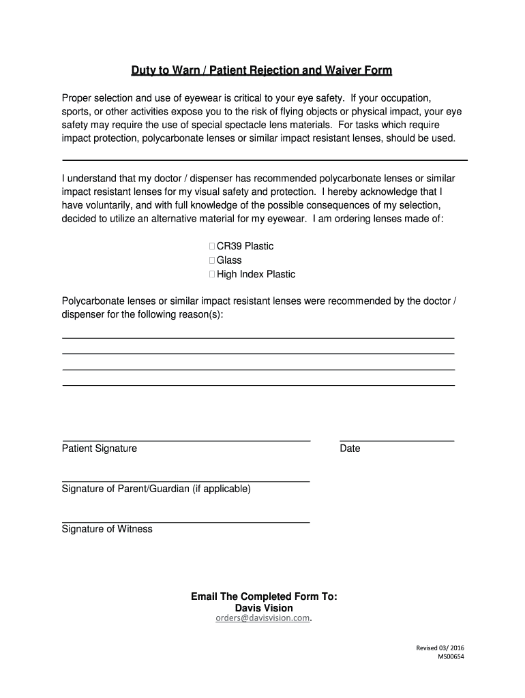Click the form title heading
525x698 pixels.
(262, 71)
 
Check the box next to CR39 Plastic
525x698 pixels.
(212, 246)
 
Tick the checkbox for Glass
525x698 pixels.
(212, 260)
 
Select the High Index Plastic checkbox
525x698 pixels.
(212, 275)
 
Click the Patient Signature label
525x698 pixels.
(100, 449)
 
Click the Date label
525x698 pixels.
(350, 449)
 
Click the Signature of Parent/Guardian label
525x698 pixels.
(156, 489)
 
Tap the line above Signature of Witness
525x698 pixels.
(186, 522)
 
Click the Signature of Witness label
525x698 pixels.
(107, 529)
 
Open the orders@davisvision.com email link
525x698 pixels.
(262, 619)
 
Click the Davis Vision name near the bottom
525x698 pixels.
(264, 607)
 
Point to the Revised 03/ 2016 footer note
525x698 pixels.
(440, 648)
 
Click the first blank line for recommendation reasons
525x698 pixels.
(258, 337)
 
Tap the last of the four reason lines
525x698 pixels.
(258, 385)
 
